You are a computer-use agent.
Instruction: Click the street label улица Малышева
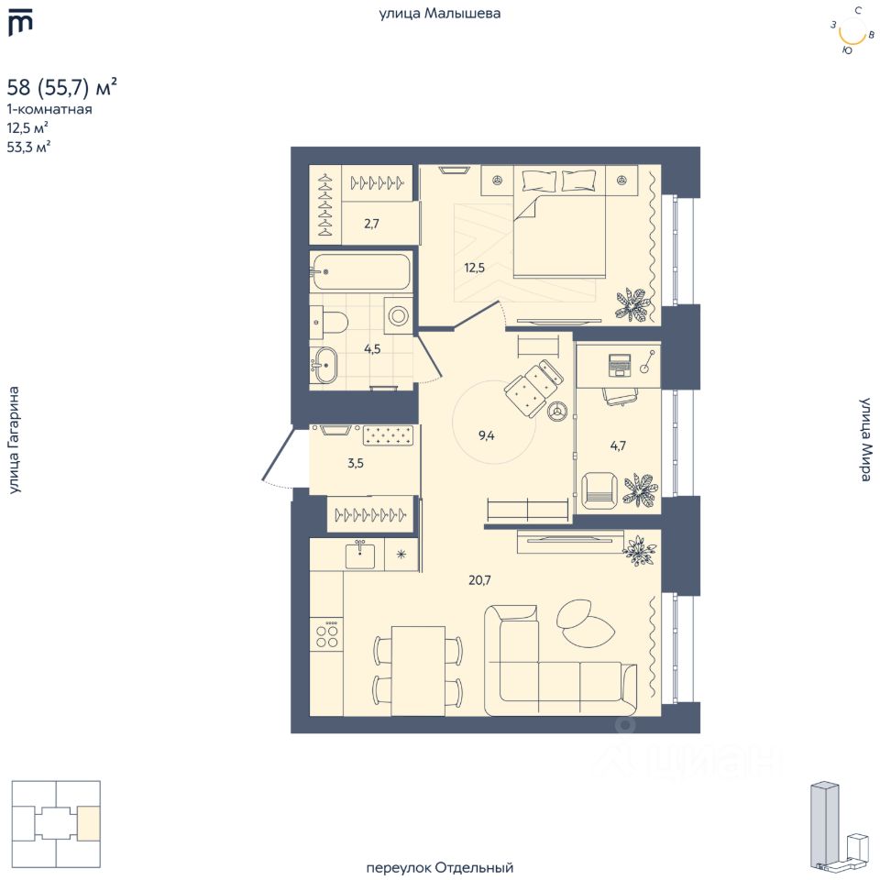[440, 14]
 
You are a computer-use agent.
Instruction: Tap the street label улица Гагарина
[14, 440]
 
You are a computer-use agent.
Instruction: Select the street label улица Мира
[864, 440]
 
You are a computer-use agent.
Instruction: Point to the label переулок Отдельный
[440, 867]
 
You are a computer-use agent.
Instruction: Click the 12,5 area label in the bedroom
[473, 268]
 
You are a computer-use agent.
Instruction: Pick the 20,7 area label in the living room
[481, 579]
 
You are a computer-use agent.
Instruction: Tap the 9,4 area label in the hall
[486, 435]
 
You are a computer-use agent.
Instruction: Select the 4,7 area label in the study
[620, 445]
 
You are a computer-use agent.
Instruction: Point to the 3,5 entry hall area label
[356, 463]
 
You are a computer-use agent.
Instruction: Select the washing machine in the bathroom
[400, 315]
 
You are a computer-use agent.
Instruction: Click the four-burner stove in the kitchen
[326, 634]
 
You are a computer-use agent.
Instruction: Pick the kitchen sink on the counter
[359, 555]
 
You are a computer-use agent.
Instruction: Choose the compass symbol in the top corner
[852, 32]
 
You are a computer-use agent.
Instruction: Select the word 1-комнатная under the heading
[49, 109]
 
